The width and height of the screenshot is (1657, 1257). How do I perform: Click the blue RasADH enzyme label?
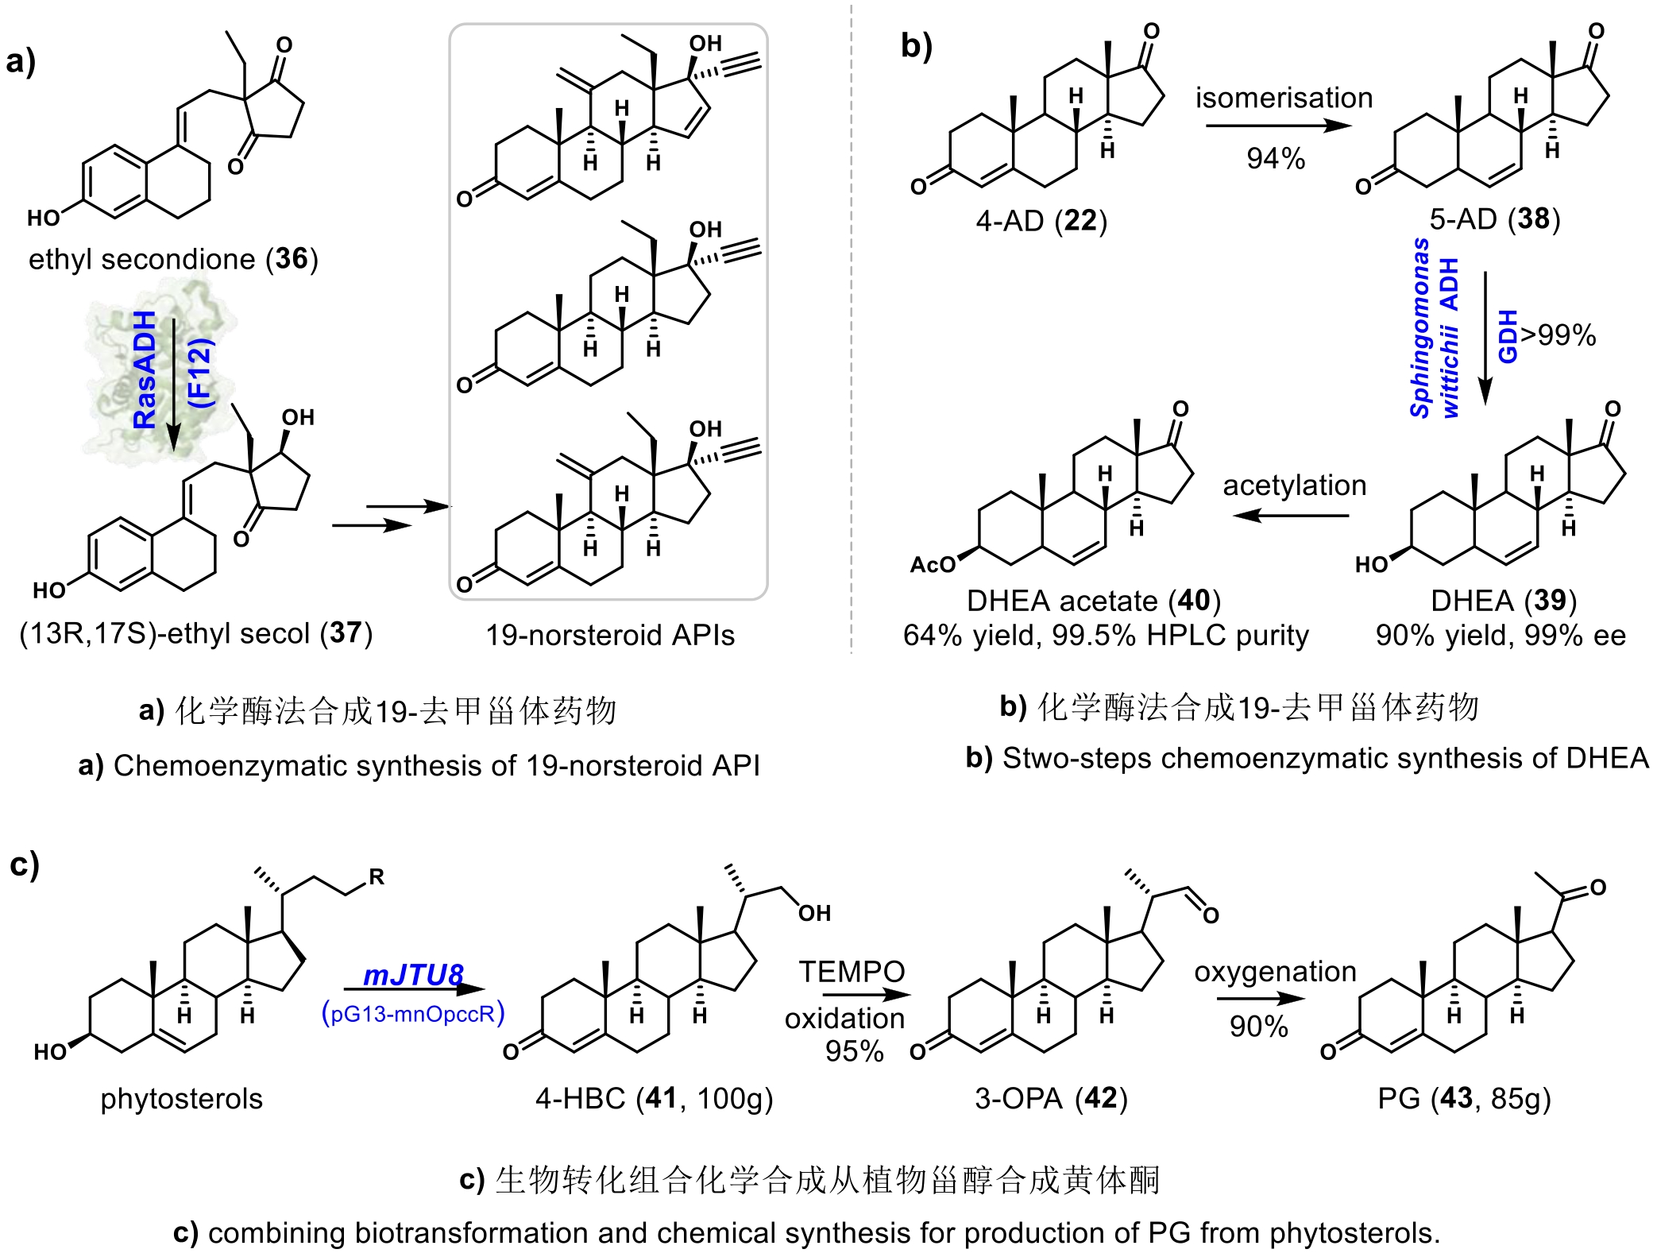tap(145, 370)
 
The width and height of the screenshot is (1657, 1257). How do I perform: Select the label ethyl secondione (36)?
tap(173, 259)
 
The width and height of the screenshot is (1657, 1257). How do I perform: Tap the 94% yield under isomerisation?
tap(1275, 159)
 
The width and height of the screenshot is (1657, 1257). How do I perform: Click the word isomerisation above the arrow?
tap(1284, 98)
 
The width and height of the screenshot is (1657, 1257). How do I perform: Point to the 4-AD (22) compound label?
tap(1041, 220)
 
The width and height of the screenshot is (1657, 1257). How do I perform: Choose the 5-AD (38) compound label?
tap(1494, 219)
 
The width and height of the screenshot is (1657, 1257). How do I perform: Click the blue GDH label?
tap(1507, 337)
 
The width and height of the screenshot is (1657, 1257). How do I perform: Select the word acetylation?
tap(1294, 485)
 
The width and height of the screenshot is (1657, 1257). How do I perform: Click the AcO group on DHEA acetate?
tap(933, 565)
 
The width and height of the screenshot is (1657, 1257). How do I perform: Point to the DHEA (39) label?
tap(1503, 601)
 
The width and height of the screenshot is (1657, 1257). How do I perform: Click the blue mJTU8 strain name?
tap(413, 975)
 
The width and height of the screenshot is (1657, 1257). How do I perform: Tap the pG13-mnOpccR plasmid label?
tap(413, 1014)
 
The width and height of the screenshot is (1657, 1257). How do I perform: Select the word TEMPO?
tap(852, 971)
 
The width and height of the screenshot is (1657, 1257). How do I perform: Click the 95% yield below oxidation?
tap(854, 1051)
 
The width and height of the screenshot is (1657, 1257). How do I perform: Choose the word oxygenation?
tap(1275, 971)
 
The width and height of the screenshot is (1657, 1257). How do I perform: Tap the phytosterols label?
tap(181, 1099)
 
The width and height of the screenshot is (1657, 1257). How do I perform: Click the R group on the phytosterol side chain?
tap(377, 876)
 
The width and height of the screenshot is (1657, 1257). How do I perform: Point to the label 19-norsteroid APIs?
tap(610, 635)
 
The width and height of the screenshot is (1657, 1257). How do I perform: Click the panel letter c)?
tap(25, 864)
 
